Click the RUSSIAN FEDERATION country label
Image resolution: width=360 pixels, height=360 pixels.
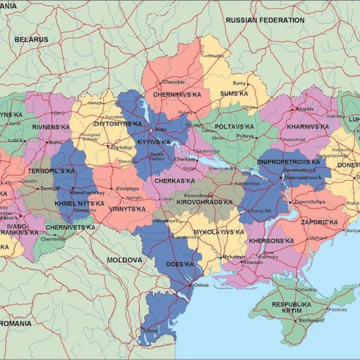(265, 20)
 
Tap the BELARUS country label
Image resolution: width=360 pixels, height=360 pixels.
(31, 39)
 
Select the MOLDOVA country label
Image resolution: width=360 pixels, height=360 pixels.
(125, 260)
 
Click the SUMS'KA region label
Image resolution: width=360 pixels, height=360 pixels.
(233, 94)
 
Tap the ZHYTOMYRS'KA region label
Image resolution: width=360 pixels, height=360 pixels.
(118, 124)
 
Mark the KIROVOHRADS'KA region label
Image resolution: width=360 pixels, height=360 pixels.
(204, 202)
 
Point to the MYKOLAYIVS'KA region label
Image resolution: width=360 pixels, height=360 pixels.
(219, 232)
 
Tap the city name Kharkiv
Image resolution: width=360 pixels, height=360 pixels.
(305, 109)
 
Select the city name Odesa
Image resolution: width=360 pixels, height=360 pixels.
(201, 285)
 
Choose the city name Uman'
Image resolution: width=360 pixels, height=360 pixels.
(167, 199)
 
